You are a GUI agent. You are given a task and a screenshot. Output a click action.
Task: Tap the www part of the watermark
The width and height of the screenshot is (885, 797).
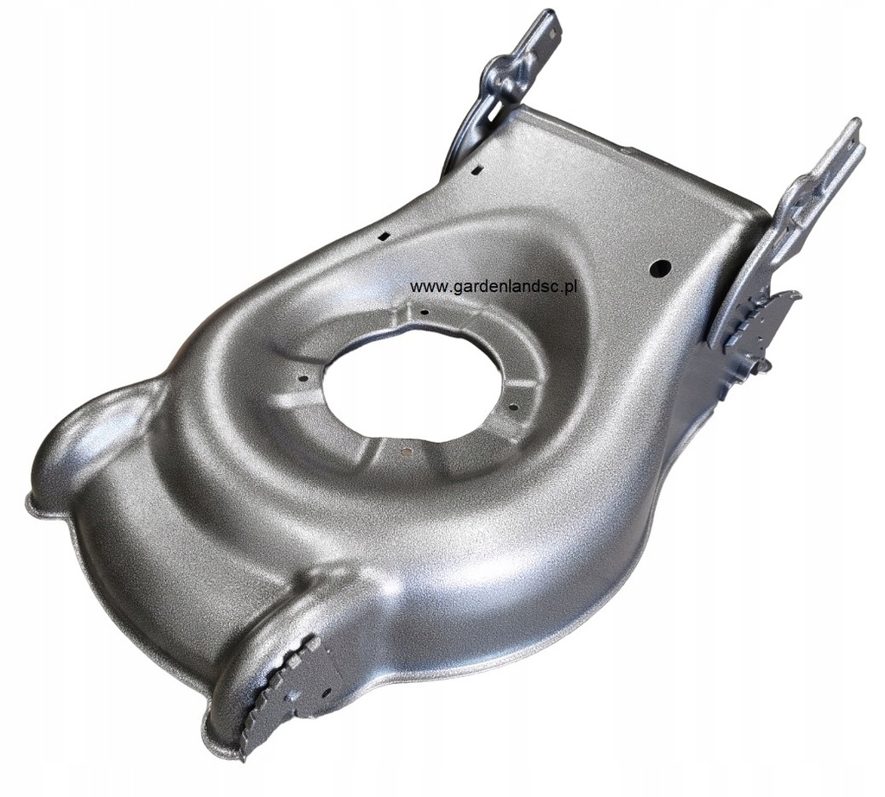pos(424,287)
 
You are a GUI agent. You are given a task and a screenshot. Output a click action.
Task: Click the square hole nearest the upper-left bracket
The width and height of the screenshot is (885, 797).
pos(476,168)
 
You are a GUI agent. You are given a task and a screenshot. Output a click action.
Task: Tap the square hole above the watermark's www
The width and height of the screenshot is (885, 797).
pos(385,234)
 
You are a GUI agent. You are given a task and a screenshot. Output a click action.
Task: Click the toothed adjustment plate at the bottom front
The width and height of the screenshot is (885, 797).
pos(277,691)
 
